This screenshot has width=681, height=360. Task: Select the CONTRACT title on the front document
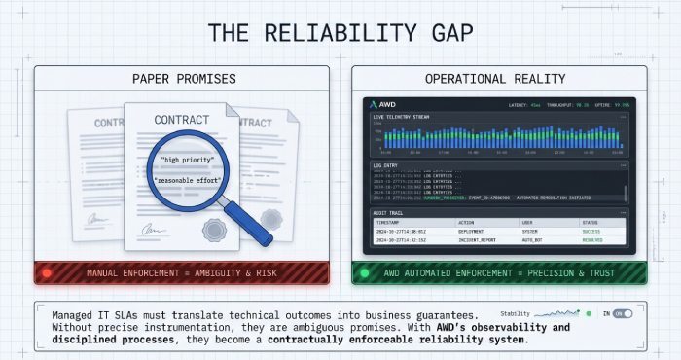[181, 120]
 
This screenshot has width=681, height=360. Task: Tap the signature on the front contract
[153, 230]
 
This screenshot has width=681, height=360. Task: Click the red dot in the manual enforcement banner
[46, 273]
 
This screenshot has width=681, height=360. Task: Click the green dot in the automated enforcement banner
[365, 273]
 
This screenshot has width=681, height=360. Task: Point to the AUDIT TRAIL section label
[389, 212]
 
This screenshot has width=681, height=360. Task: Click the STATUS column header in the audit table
[592, 223]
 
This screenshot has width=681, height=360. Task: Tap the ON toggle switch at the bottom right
[622, 314]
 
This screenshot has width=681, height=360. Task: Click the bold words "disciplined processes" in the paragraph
[96, 341]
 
